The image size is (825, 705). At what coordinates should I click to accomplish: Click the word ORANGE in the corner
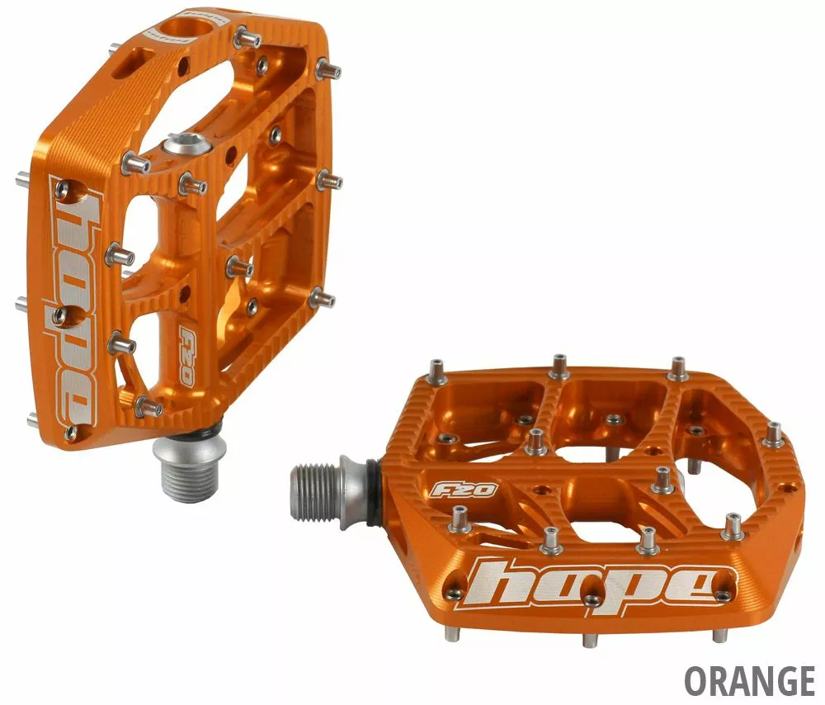click(x=749, y=681)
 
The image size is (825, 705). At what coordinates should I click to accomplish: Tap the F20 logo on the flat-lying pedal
click(x=463, y=490)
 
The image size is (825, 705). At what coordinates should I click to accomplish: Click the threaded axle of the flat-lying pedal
click(x=314, y=492)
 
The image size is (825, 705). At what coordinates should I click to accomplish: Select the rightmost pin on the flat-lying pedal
click(x=774, y=433)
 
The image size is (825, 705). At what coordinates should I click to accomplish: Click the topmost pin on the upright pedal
click(x=244, y=36)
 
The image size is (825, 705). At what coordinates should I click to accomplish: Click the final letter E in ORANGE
click(x=805, y=681)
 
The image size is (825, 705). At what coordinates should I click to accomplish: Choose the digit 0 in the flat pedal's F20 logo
click(x=483, y=490)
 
